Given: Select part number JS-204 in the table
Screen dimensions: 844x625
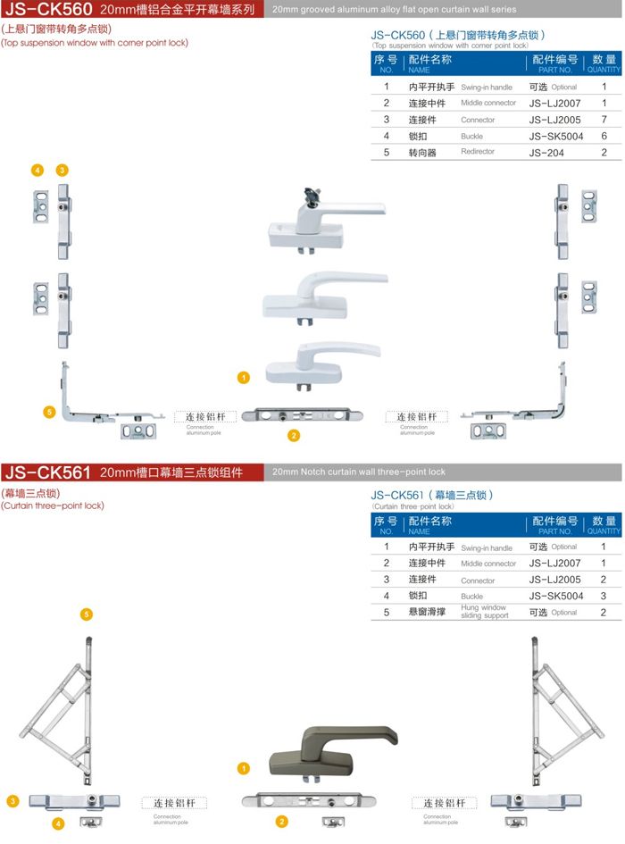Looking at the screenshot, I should click(x=547, y=153).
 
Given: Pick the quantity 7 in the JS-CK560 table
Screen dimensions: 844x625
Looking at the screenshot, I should click(x=604, y=120).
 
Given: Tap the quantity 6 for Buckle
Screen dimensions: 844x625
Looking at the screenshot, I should click(x=604, y=136).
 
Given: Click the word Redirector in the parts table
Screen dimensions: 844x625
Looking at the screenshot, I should click(x=478, y=152).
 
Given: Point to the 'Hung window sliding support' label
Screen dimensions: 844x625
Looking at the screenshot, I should click(x=484, y=612).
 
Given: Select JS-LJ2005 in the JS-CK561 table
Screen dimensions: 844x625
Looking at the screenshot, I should click(x=554, y=580).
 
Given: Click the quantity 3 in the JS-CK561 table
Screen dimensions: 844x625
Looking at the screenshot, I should click(x=604, y=596).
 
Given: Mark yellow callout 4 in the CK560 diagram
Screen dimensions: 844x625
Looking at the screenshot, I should click(x=37, y=170).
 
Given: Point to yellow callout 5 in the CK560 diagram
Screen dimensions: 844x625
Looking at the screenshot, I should click(x=49, y=412).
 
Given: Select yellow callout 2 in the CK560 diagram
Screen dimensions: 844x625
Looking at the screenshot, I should click(x=294, y=436).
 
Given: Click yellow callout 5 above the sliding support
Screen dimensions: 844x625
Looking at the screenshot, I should click(x=87, y=614).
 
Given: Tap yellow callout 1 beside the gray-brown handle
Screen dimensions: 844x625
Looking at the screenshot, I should click(x=244, y=768).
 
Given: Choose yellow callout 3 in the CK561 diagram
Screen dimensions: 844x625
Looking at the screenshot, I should click(x=12, y=801).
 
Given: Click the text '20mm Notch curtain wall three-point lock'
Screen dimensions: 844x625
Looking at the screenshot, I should click(x=358, y=472).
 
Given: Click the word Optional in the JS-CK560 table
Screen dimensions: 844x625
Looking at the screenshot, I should click(x=564, y=88).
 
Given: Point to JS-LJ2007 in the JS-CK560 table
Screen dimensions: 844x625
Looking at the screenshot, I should click(x=554, y=104).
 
